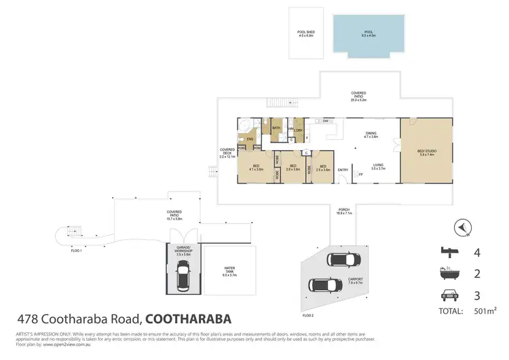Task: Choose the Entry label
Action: pyautogui.click(x=343, y=170)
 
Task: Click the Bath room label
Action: pyautogui.click(x=276, y=128)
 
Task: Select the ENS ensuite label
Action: pyautogui.click(x=250, y=139)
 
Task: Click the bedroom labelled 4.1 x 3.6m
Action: pyautogui.click(x=257, y=168)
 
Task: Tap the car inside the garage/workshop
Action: pyautogui.click(x=183, y=277)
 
